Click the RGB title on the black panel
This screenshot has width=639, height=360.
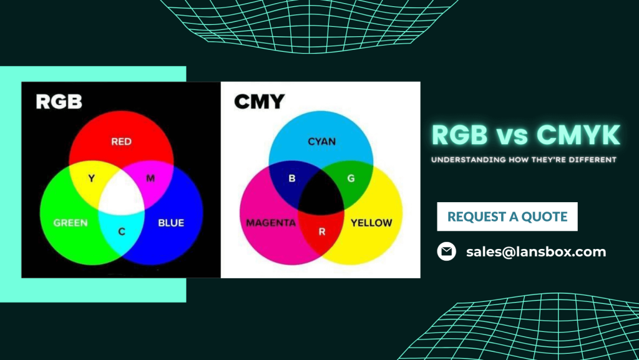[x=59, y=102]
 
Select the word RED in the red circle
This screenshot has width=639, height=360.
[x=121, y=142]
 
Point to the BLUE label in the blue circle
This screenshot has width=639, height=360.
[x=171, y=223]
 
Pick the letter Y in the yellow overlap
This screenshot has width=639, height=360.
[x=92, y=179]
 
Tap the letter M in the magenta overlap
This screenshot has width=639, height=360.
[x=150, y=179]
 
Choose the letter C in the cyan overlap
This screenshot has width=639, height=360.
[x=122, y=232]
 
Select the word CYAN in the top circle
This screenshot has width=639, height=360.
[x=321, y=142]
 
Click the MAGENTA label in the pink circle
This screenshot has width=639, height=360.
[x=271, y=223]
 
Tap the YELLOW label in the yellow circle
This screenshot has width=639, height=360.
[x=371, y=223]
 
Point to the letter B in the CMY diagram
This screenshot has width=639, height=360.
[x=291, y=179]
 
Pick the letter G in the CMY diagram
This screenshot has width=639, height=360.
[x=351, y=179]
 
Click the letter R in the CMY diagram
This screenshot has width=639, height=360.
[x=322, y=232]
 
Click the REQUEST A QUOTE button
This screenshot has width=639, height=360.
[x=507, y=216]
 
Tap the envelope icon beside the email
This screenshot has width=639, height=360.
[x=446, y=251]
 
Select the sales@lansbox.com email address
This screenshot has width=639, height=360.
[x=536, y=252]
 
